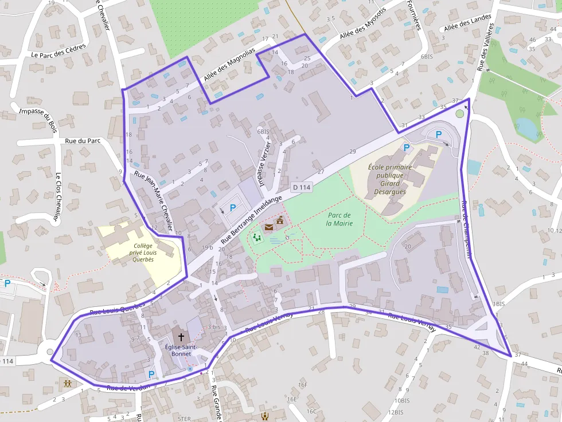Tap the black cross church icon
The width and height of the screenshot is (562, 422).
181,337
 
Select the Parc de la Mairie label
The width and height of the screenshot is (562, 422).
339,219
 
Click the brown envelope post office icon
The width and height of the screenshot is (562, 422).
270,227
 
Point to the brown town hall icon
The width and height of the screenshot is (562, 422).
280,220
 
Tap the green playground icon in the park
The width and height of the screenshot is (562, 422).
256,238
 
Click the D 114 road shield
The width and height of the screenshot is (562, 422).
301,187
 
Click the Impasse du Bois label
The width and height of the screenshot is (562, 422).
38,117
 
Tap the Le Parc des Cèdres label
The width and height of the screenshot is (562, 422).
58,51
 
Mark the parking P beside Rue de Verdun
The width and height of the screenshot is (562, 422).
151,374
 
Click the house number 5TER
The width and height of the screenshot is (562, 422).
184,419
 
